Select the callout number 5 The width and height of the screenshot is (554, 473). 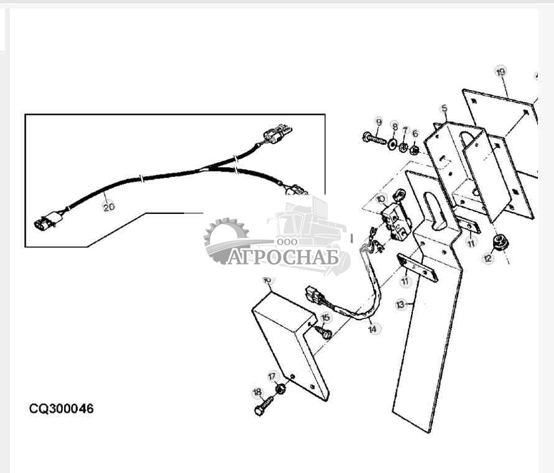pyautogui.click(x=444, y=109)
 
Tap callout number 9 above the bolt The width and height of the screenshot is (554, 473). pyautogui.click(x=379, y=121)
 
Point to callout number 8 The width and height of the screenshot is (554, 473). pyautogui.click(x=394, y=126)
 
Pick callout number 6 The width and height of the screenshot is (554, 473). pyautogui.click(x=415, y=133)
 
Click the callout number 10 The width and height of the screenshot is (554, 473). pyautogui.click(x=381, y=199)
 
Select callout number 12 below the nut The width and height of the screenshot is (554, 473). pyautogui.click(x=488, y=257)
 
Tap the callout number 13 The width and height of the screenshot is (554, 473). pyautogui.click(x=401, y=304)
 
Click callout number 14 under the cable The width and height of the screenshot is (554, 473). pyautogui.click(x=372, y=329)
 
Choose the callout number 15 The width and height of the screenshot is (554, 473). pyautogui.click(x=326, y=318)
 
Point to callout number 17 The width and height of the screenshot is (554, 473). pyautogui.click(x=272, y=376)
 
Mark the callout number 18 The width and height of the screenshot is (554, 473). pyautogui.click(x=257, y=392)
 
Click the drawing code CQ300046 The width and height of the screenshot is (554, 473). pyautogui.click(x=61, y=409)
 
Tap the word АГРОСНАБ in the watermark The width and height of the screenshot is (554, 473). pyautogui.click(x=284, y=257)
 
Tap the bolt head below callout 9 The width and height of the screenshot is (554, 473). pyautogui.click(x=367, y=137)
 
